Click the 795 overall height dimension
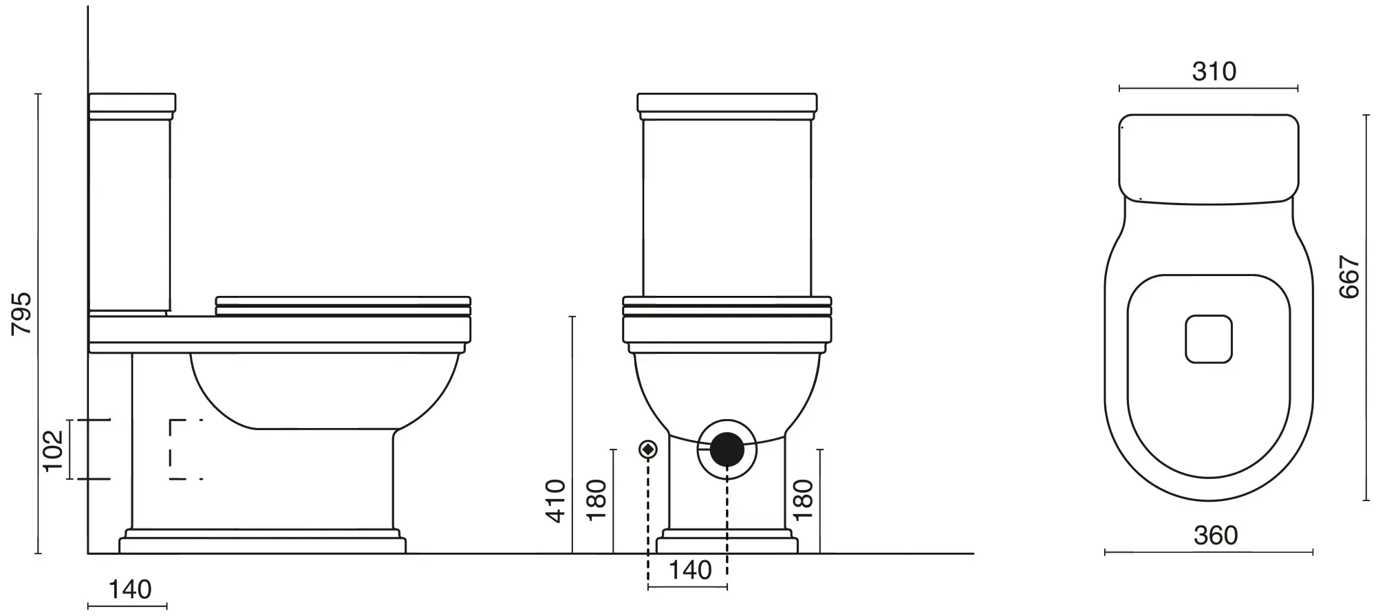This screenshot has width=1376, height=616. click(23, 314)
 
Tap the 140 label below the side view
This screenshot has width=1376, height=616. click(130, 590)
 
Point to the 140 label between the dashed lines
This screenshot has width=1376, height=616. click(690, 570)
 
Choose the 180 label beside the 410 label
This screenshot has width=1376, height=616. click(596, 500)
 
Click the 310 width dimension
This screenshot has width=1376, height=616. click(1214, 72)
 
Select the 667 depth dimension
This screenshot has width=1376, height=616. click(1350, 277)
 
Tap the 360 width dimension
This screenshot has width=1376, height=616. click(1216, 535)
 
